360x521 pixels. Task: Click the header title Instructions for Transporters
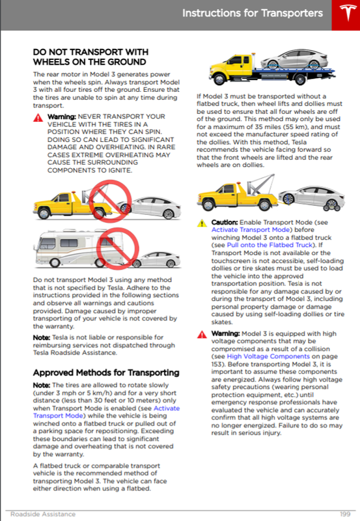[x=253, y=13]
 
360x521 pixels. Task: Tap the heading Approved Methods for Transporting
[x=106, y=373]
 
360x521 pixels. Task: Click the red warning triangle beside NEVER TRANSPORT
[x=38, y=118]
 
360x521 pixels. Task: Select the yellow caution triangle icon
[x=202, y=223]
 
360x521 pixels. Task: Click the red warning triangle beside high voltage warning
[x=202, y=334]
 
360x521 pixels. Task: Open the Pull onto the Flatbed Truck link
[x=270, y=245]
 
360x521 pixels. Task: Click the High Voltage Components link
[x=268, y=356]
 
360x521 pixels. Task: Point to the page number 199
[x=346, y=514]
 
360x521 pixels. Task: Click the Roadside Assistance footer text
[x=43, y=514]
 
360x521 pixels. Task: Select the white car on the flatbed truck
[x=294, y=59]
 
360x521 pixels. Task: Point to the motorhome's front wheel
[x=54, y=262]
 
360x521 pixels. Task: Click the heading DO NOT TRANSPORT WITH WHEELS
[x=90, y=57]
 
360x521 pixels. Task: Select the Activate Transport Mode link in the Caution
[x=251, y=230]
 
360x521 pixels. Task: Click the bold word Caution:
[x=225, y=222]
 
